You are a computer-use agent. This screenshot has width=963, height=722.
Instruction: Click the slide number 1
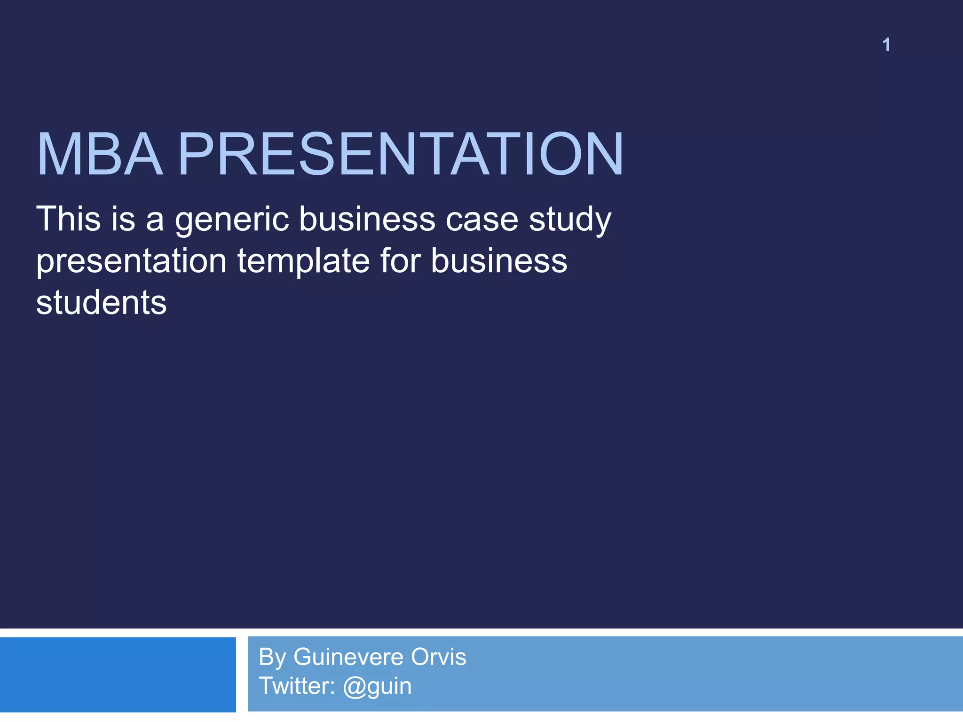pos(886,45)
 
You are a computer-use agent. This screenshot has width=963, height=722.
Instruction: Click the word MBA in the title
pos(100,154)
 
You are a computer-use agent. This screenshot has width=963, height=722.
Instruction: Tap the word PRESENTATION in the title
pos(401,154)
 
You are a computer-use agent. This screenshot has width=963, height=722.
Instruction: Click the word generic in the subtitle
pos(232,220)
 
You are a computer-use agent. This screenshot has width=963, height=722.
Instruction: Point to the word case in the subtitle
pos(482,220)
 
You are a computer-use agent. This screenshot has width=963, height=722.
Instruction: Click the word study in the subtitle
pos(570,220)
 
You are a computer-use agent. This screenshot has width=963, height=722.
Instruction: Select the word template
pos(303,261)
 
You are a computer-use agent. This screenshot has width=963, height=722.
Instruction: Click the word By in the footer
pos(272,657)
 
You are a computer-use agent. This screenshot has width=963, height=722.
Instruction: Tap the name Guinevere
pos(348,657)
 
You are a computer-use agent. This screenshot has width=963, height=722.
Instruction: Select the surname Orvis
pos(438,657)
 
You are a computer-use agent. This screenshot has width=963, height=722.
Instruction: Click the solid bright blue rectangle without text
pos(118,675)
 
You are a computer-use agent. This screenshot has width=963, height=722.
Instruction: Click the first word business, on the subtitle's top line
pos(367,219)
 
